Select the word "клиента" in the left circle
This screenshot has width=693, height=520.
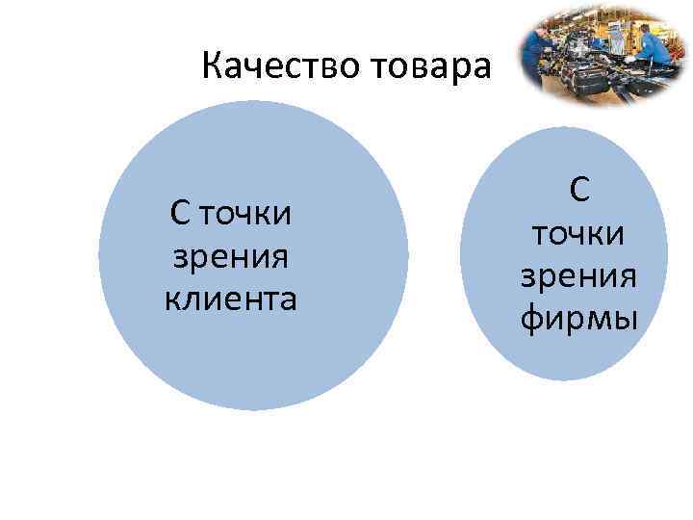(x=231, y=299)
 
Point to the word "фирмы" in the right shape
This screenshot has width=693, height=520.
(x=579, y=315)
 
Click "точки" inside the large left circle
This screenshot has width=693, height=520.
(x=249, y=212)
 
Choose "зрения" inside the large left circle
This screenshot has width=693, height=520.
(x=231, y=256)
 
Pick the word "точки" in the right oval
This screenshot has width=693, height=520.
(x=579, y=232)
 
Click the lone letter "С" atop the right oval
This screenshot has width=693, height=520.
(x=579, y=190)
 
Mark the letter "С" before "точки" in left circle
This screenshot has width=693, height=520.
(x=181, y=212)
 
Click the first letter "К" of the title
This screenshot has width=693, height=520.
(x=213, y=68)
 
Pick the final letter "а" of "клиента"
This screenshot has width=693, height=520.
(x=288, y=300)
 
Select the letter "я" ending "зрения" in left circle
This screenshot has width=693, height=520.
(x=281, y=257)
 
